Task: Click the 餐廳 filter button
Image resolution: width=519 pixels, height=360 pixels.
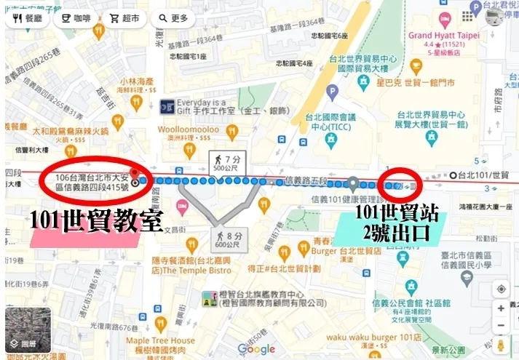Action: tap(28, 19)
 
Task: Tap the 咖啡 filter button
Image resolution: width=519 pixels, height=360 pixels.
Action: tap(76, 19)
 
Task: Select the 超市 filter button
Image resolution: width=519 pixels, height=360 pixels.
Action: tap(124, 19)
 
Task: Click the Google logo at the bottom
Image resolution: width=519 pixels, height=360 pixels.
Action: tap(256, 349)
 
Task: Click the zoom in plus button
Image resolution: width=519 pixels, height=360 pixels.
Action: tap(502, 308)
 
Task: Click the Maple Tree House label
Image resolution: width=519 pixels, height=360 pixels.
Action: tap(160, 340)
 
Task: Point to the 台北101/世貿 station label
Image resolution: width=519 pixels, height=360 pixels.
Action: tap(484, 175)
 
